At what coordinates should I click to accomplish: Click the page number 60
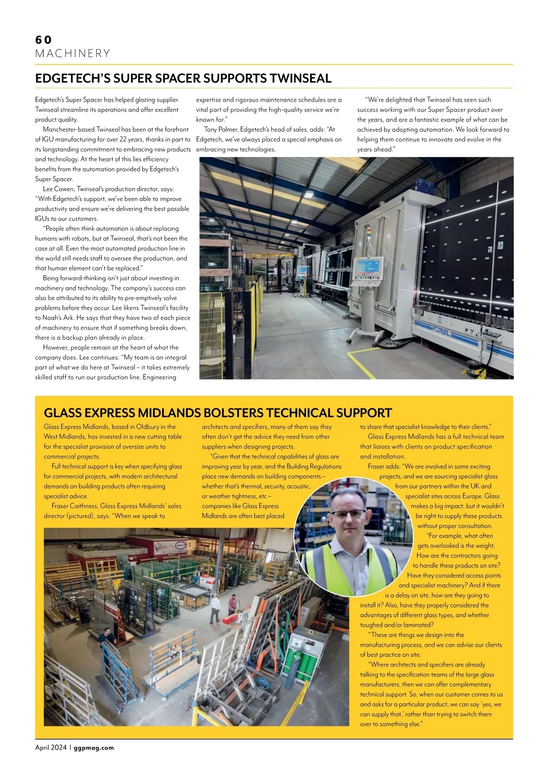(x=43, y=40)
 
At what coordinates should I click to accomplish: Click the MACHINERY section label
(x=73, y=53)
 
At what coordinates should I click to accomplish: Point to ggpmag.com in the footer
(x=94, y=747)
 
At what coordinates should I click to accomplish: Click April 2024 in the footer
(x=51, y=747)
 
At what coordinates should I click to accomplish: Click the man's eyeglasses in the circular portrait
(x=349, y=514)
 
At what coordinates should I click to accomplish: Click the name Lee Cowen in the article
(x=59, y=189)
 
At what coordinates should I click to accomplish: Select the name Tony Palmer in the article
(x=220, y=130)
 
